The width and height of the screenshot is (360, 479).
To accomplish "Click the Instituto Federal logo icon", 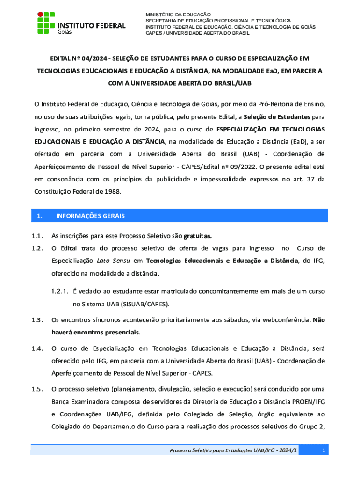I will click(46, 21).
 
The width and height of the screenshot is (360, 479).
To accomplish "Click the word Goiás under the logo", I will click(65, 32).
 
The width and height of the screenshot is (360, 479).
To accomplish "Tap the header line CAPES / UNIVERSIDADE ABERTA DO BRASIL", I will click(197, 33).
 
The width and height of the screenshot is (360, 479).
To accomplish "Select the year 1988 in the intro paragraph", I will click(114, 192).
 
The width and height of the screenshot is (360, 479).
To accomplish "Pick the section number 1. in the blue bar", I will click(40, 216).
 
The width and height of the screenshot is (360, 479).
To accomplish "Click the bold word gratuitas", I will click(201, 236).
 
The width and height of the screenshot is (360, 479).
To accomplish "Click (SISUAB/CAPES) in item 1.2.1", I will click(145, 304).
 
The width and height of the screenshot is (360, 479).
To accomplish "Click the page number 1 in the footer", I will click(324, 450).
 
